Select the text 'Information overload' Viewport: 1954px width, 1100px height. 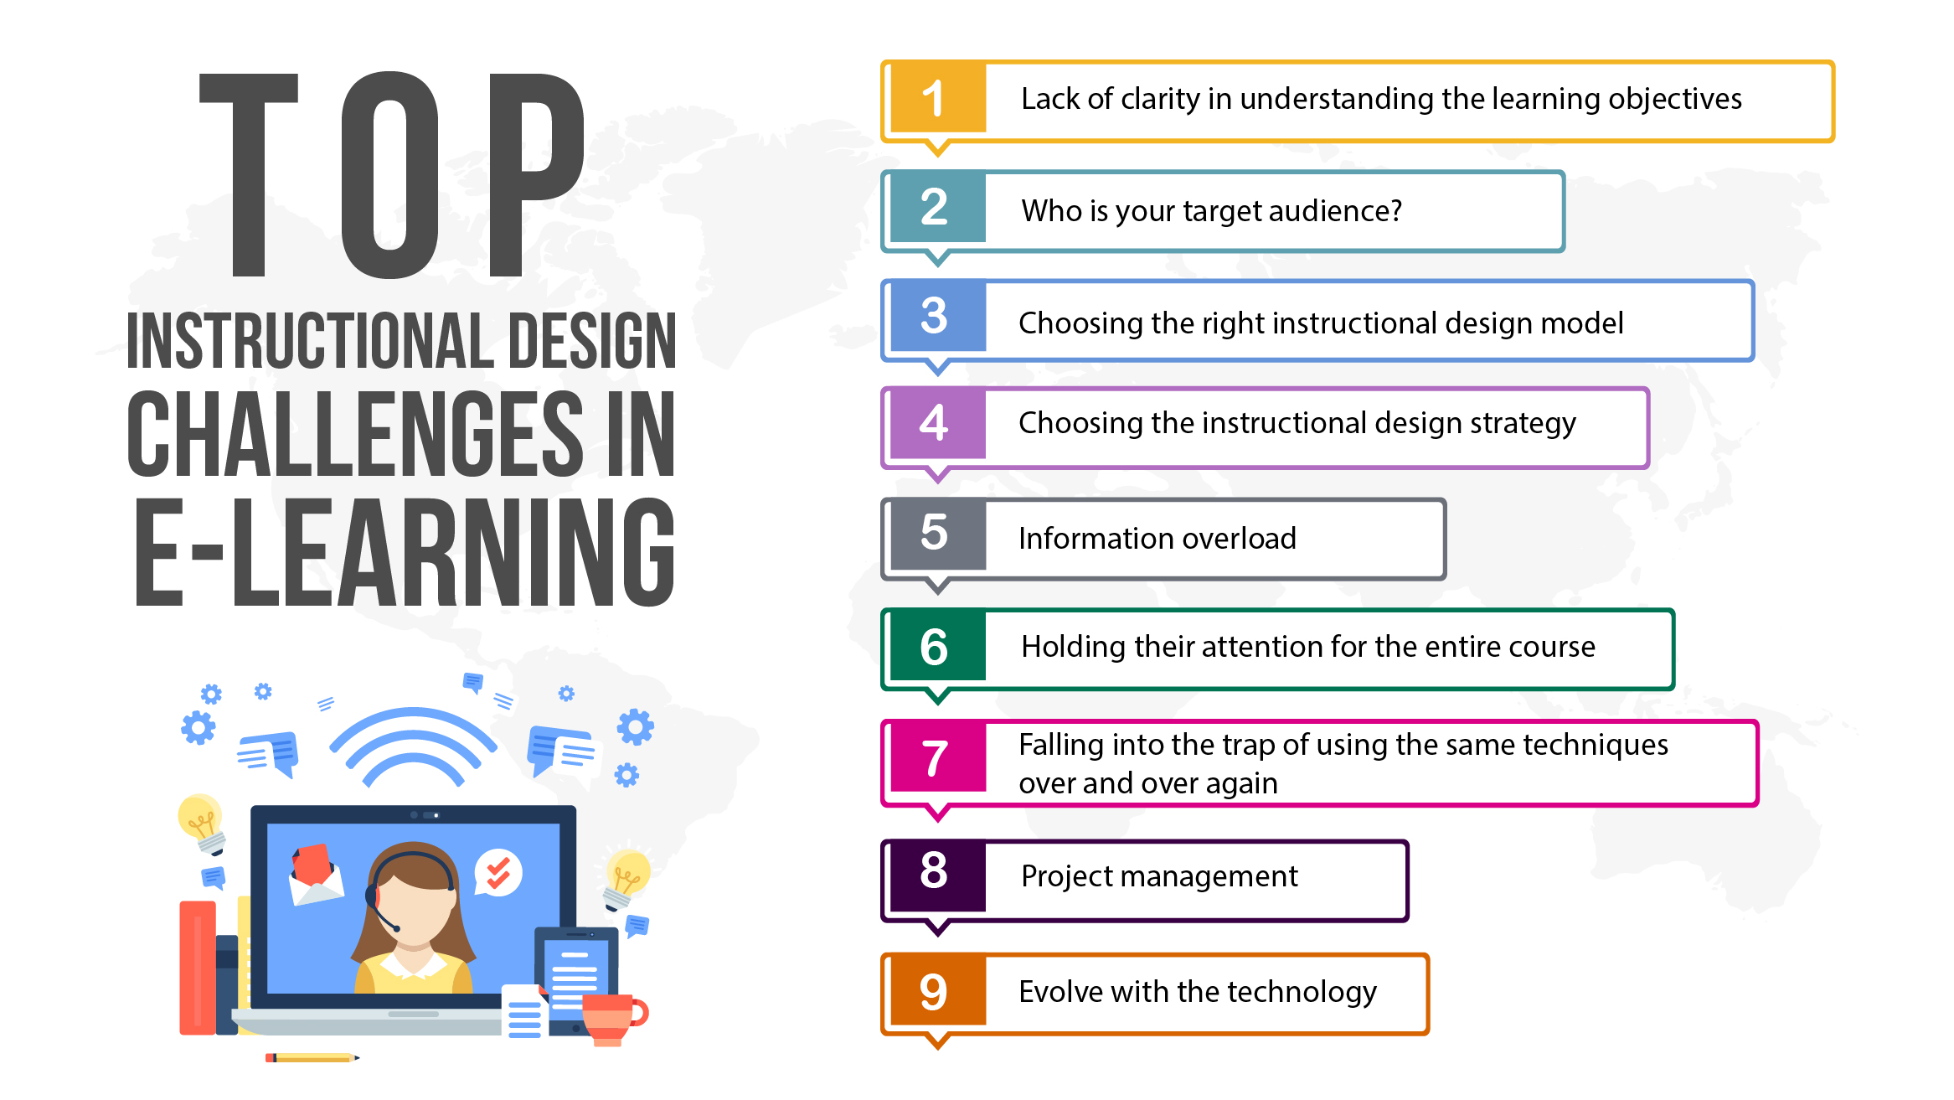click(1157, 539)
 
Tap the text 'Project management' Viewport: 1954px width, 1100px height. click(1159, 876)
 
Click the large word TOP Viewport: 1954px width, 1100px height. click(391, 175)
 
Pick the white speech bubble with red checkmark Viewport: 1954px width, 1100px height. click(499, 873)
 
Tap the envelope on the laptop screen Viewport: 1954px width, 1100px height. click(315, 879)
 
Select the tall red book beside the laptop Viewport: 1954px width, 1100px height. click(198, 968)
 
